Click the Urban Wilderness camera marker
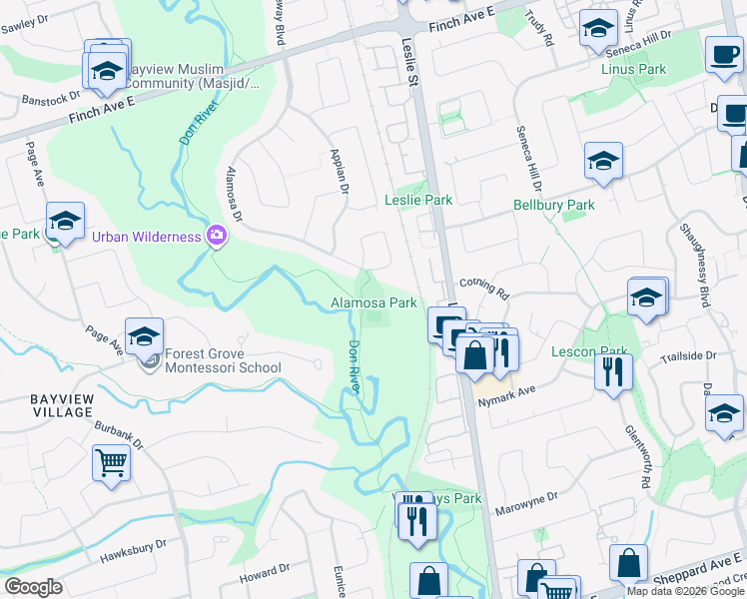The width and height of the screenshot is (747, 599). (x=216, y=237)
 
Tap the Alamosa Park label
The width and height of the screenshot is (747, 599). (x=373, y=302)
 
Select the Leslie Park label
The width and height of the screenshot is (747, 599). (x=418, y=200)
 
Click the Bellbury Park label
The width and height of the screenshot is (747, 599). (x=553, y=205)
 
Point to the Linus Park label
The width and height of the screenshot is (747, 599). (x=633, y=70)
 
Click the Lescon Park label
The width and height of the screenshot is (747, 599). (x=588, y=351)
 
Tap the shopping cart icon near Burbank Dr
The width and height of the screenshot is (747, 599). (x=111, y=462)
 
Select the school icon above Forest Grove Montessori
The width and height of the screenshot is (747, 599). (x=144, y=336)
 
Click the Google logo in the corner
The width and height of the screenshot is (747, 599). (x=33, y=587)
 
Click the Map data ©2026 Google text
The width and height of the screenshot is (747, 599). (x=685, y=591)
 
